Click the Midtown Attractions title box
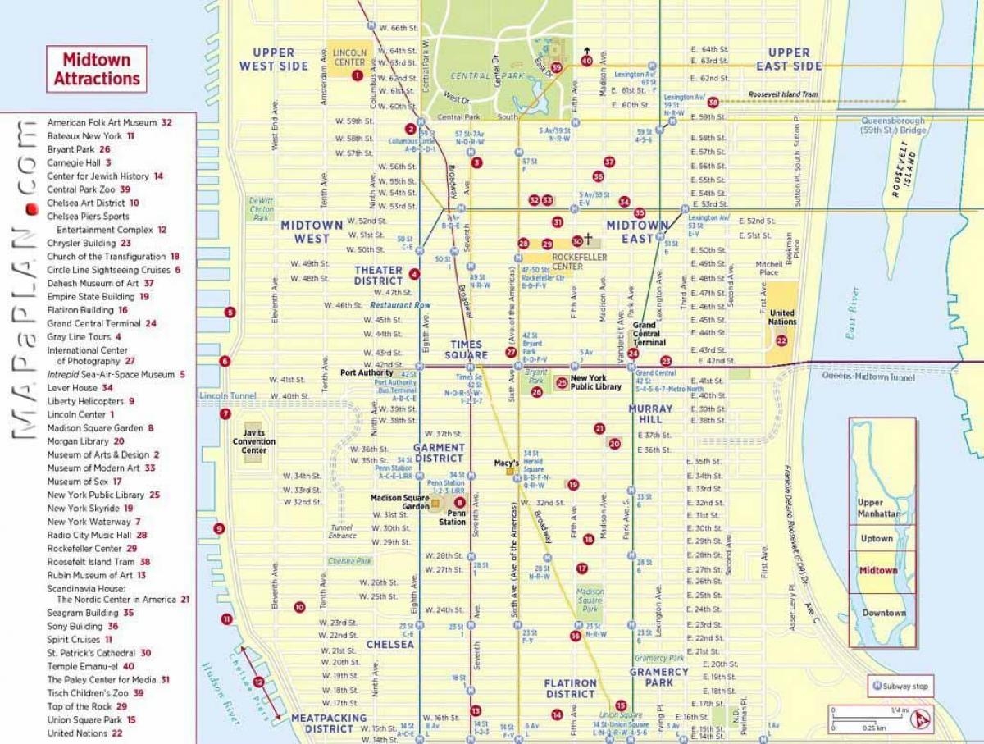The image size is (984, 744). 97,69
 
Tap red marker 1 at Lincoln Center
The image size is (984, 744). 357,75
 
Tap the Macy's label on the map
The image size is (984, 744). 505,463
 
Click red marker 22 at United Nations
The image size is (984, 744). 781,340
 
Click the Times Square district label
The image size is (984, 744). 467,349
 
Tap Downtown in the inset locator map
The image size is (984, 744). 883,613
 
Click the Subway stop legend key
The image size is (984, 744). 900,686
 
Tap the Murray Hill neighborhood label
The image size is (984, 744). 650,414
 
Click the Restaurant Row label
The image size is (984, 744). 400,305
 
